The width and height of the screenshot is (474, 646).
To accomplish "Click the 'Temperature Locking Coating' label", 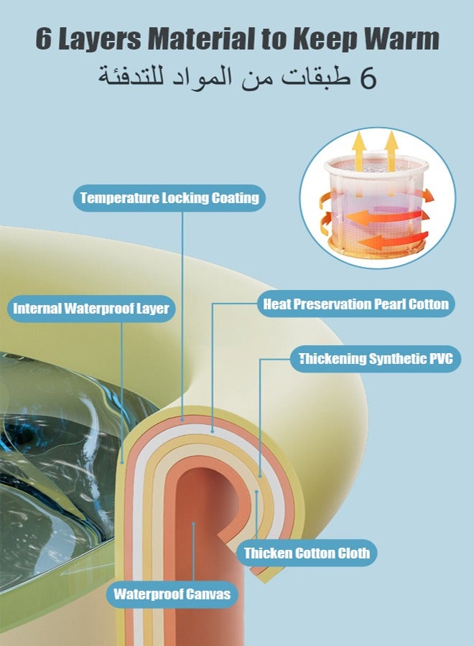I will (x=169, y=197).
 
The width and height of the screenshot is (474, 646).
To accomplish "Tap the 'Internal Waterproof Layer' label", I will (x=90, y=309).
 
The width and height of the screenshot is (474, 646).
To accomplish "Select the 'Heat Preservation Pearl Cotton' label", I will (x=355, y=304).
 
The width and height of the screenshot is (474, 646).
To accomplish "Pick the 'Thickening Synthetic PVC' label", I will (x=376, y=359).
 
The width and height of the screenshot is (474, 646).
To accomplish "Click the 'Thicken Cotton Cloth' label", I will (x=307, y=553).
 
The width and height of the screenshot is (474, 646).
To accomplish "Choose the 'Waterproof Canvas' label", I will (x=172, y=594).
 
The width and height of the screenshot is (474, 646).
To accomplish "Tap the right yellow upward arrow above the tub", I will (x=391, y=149).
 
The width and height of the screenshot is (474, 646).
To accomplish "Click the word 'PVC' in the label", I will (x=440, y=359).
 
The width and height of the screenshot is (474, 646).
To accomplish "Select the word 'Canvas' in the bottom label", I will (x=207, y=594).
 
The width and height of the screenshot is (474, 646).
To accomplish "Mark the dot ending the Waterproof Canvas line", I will (x=193, y=525).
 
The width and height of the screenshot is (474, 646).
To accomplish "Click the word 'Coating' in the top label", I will (x=233, y=197).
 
